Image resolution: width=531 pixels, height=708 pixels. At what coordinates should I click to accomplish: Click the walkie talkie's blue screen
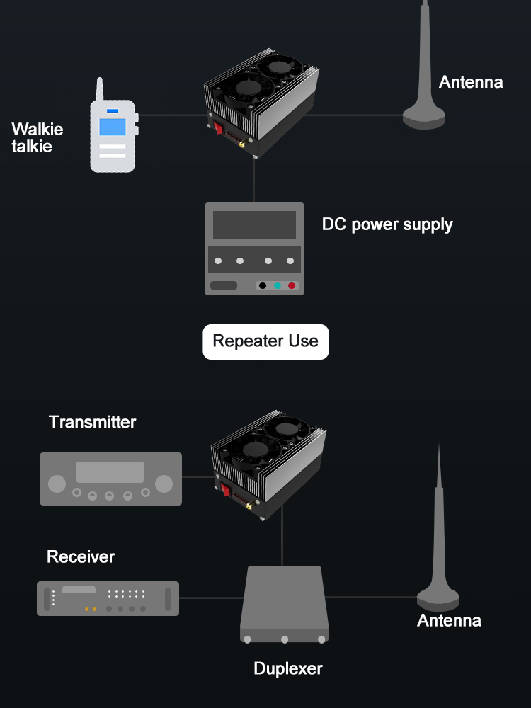coord(112,127)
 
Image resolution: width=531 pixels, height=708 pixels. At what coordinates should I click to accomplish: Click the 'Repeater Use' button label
coord(265,341)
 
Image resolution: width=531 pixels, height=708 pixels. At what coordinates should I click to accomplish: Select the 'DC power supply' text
coord(387,225)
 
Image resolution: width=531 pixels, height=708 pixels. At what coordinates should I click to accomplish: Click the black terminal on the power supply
coord(262,286)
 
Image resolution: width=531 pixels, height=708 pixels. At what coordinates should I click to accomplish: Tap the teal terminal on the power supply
coord(277,286)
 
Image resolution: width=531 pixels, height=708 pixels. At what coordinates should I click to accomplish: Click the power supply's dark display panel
coord(254,224)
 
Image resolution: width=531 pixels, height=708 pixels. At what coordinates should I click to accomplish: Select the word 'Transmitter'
coord(92,423)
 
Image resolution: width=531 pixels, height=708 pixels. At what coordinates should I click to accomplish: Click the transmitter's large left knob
coord(57,484)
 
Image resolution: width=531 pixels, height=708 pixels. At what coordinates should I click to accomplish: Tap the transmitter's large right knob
coord(164,484)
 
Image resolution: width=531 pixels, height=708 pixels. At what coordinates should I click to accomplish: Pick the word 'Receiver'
coord(81,557)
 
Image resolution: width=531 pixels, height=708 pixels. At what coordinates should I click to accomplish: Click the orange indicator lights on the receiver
coord(91,609)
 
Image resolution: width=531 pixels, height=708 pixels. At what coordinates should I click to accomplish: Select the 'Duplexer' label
coord(288,668)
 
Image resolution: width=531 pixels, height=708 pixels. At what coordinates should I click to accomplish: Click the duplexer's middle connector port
coord(285,639)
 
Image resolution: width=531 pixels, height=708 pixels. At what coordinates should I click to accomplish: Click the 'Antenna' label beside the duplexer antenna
coord(449,621)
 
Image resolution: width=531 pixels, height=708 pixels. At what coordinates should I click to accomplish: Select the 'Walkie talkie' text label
coord(38,138)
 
